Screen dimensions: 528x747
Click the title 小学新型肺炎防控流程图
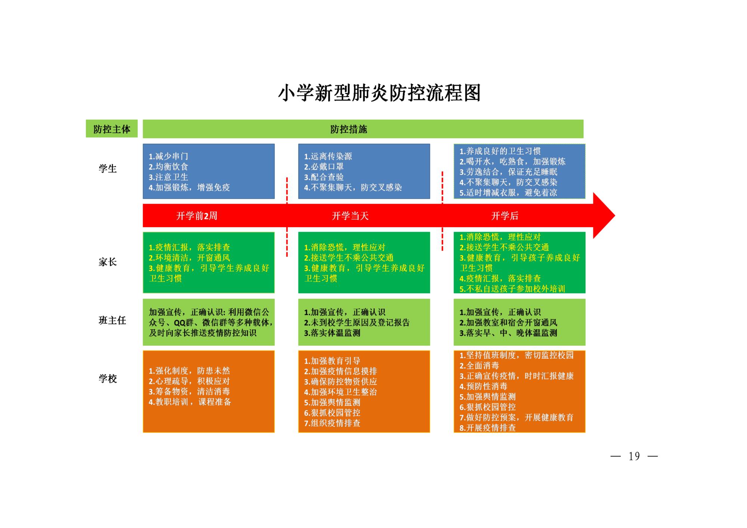tap(379, 93)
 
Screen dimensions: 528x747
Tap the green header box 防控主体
tap(112, 129)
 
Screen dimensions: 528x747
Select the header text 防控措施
tap(348, 129)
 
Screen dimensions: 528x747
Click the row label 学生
tap(108, 169)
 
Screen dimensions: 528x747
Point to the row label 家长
tap(108, 262)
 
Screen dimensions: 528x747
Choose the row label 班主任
tap(112, 320)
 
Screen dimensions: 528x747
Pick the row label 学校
tap(108, 379)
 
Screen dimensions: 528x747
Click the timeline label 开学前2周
tap(196, 216)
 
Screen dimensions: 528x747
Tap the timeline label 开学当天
tap(350, 216)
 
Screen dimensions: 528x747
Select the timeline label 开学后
tap(505, 216)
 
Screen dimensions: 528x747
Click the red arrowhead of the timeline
tap(603, 216)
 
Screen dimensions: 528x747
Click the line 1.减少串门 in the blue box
tap(168, 156)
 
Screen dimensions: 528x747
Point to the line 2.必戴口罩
tap(323, 167)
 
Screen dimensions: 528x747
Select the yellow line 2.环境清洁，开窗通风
tap(189, 258)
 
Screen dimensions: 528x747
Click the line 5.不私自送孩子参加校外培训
tap(512, 288)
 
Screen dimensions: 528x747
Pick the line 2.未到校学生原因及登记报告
tap(357, 322)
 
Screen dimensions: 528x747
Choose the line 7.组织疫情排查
tap(332, 423)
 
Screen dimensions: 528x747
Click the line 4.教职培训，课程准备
tap(190, 402)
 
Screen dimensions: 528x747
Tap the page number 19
tap(634, 456)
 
